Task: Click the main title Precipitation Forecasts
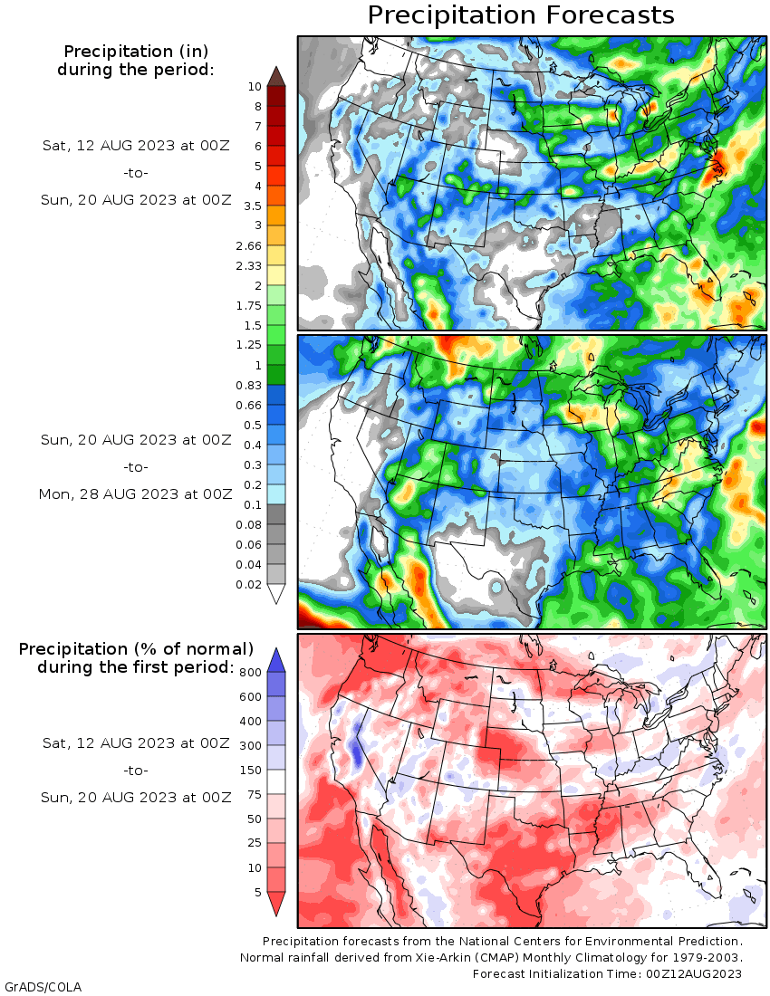[x=520, y=15]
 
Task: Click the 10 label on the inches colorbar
[x=255, y=87]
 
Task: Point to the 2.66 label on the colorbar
[x=248, y=245]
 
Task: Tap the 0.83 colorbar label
[x=248, y=385]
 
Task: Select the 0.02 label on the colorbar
[x=248, y=584]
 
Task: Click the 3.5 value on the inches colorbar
[x=252, y=206]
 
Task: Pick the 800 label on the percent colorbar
[x=250, y=672]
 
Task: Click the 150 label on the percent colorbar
[x=250, y=770]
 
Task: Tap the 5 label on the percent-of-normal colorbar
[x=258, y=893]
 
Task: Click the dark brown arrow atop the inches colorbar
[x=276, y=75]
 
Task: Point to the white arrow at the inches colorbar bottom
[x=276, y=593]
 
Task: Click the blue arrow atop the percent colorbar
[x=276, y=660]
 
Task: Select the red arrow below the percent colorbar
[x=276, y=904]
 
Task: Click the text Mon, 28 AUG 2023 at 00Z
[x=135, y=494]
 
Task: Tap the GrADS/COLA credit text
[x=43, y=987]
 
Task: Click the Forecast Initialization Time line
[x=607, y=973]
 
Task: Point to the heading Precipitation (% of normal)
[x=136, y=649]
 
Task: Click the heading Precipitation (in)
[x=136, y=52]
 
